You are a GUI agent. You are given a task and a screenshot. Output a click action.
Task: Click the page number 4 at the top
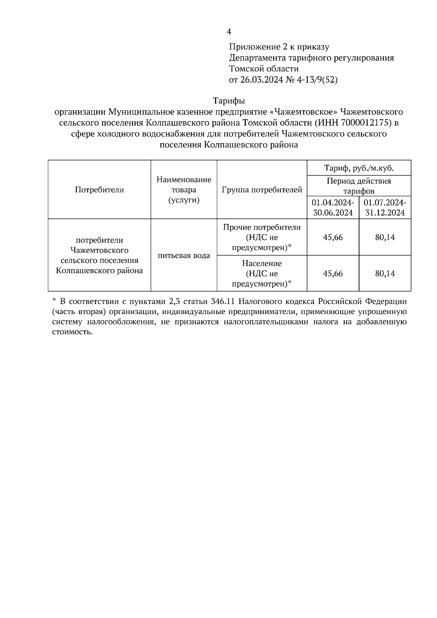[x=229, y=32]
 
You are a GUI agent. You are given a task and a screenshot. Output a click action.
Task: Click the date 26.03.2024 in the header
[x=261, y=80]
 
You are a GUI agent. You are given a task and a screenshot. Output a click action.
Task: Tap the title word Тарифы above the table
[x=229, y=100]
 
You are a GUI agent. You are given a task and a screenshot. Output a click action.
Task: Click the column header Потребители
[x=99, y=190]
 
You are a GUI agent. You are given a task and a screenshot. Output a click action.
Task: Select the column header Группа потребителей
[x=262, y=190]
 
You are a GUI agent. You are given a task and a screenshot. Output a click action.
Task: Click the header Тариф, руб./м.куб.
[x=359, y=168]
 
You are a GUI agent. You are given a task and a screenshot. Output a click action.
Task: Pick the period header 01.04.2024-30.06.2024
[x=333, y=208]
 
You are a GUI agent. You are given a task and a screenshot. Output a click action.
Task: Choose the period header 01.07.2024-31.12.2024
[x=385, y=208]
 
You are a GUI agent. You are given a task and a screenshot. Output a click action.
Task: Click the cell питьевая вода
[x=184, y=255]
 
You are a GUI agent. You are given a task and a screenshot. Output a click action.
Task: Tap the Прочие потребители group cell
[x=262, y=237]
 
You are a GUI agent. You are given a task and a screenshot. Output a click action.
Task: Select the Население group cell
[x=262, y=273]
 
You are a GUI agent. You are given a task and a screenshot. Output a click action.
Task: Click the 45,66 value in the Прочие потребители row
[x=333, y=237]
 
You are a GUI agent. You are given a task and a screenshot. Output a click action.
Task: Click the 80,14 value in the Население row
[x=385, y=273]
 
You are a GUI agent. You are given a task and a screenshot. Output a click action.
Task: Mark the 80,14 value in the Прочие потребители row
[x=385, y=237]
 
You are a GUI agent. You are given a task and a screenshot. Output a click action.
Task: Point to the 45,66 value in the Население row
[x=333, y=273]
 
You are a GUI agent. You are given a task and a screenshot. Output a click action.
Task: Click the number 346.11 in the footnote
[x=223, y=302]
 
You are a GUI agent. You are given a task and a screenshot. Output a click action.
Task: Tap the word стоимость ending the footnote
[x=72, y=332]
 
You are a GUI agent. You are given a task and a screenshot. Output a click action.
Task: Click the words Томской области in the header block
[x=264, y=69]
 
